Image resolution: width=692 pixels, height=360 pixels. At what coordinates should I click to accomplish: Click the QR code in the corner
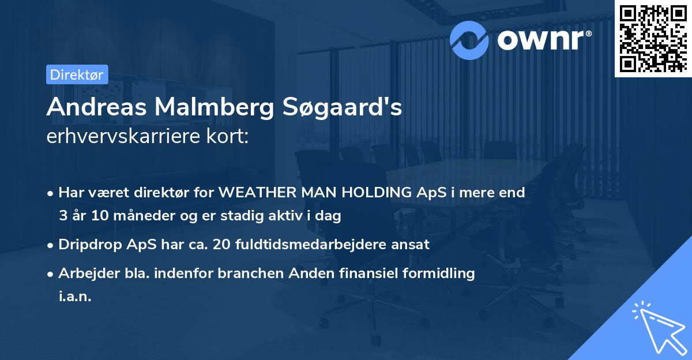(x=653, y=38)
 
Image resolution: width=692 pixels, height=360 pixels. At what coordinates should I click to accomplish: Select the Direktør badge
(x=77, y=74)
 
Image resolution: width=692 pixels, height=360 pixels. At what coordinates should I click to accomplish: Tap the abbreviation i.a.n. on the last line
(x=75, y=296)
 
